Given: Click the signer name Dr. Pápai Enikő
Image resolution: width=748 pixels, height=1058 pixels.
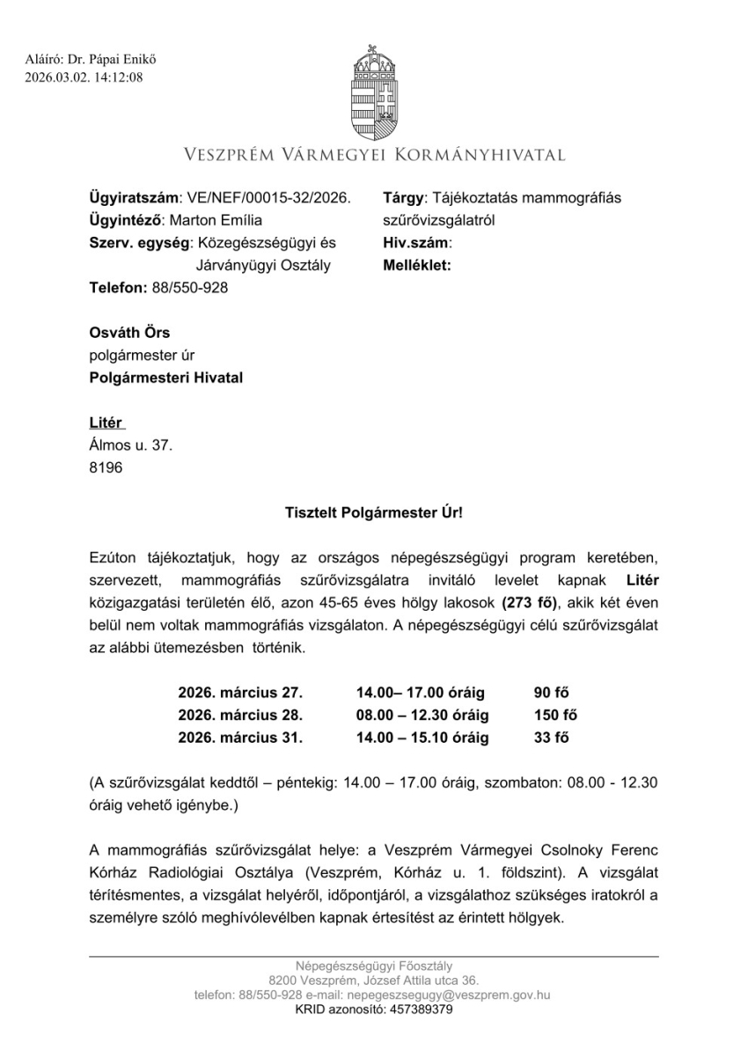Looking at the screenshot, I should [103, 60].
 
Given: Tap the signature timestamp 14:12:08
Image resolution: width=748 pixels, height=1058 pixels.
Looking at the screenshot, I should [119, 77].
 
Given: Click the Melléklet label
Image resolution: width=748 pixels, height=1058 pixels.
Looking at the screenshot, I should [417, 265].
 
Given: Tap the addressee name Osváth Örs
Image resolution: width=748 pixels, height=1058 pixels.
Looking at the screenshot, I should [129, 333].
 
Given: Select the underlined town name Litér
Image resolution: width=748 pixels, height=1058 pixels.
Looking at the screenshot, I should [106, 423].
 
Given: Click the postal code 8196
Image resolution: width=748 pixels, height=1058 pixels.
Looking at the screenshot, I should [106, 468].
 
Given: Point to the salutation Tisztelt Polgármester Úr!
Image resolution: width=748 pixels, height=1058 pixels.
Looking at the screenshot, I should [374, 511].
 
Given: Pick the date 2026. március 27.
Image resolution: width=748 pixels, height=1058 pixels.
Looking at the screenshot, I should [240, 692].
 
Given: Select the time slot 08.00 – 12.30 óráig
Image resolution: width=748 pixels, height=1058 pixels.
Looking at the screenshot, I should [422, 715].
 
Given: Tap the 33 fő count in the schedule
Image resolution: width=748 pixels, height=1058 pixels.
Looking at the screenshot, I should [552, 738].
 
